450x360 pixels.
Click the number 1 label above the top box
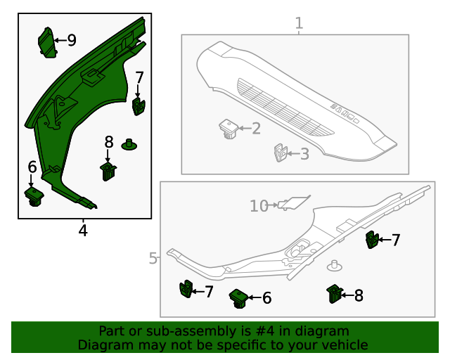coord(299,23)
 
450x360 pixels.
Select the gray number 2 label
coord(256,128)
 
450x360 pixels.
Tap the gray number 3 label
coord(304,154)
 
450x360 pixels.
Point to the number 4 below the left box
coord(83,230)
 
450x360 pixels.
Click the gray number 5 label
coord(153,259)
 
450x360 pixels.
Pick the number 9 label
coord(71,40)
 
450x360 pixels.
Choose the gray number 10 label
coord(259,205)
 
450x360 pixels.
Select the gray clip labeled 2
coord(228,129)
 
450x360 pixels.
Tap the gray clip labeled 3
coord(280,153)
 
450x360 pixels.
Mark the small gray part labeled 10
coord(294,203)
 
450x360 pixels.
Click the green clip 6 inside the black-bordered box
coord(34,195)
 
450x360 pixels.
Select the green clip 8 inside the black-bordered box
coord(108,171)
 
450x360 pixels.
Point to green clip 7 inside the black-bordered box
coord(138,106)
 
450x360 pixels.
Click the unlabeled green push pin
coord(129,145)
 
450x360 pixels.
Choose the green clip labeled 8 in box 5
coord(335,295)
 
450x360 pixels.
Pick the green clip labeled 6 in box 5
coord(238,298)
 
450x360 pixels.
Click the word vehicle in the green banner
coord(345,345)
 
